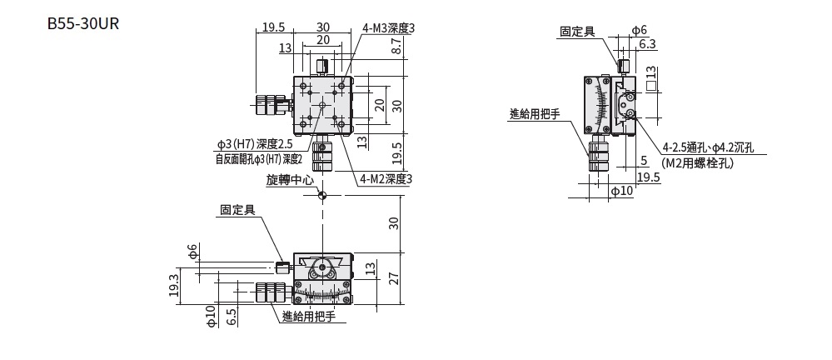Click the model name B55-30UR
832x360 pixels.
[83, 23]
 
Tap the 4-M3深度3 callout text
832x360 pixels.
[388, 27]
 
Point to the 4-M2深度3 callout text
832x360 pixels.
[386, 178]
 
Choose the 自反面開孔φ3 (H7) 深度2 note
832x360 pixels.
[258, 158]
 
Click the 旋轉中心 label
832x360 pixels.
[290, 179]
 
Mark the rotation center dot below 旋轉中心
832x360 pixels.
[322, 195]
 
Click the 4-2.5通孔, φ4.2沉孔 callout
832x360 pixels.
[708, 147]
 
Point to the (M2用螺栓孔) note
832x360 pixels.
[697, 163]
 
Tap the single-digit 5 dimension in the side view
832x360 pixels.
[644, 160]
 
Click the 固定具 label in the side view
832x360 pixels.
[577, 32]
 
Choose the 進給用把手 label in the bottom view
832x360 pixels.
[308, 316]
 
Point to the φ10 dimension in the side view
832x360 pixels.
[622, 192]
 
